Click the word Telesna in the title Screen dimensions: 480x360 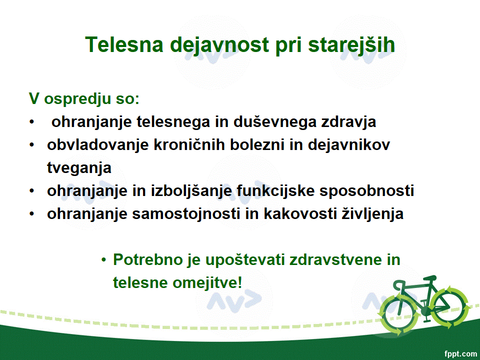[124, 44]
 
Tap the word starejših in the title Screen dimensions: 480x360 [351, 45]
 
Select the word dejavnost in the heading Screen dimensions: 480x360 [219, 45]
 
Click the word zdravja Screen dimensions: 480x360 [348, 122]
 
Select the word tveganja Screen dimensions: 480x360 [79, 168]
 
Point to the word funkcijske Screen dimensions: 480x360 [275, 190]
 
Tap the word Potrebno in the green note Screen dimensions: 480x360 [148, 259]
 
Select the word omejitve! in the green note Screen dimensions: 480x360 [207, 282]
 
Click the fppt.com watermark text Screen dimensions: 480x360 [460, 354]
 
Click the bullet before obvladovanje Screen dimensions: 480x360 [32, 144]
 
